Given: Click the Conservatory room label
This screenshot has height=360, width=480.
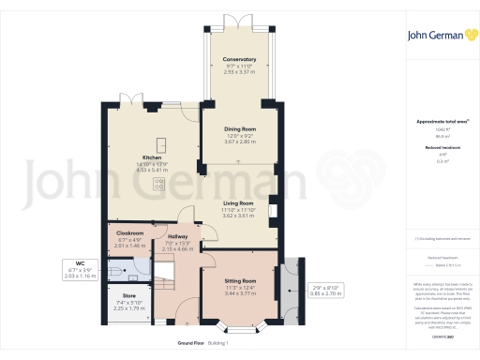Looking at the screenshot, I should tap(240, 59).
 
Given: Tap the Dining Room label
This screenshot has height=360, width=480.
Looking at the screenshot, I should tap(240, 130).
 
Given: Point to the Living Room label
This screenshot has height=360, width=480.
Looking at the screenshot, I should tap(238, 202).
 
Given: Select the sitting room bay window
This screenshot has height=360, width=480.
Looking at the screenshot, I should tap(243, 327).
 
